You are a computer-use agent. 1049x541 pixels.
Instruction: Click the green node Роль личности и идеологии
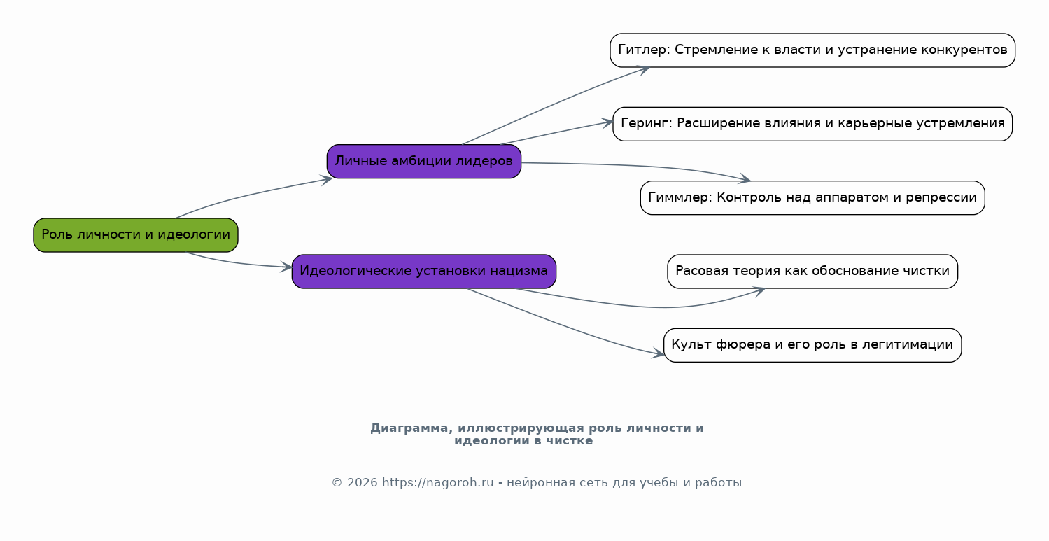(x=135, y=234)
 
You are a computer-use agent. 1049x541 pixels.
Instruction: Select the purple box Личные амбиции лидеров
(x=424, y=161)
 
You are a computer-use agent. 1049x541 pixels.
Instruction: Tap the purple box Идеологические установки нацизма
(x=424, y=272)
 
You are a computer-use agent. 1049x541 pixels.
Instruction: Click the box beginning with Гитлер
(x=812, y=50)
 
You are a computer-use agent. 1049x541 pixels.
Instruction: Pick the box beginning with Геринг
(x=812, y=124)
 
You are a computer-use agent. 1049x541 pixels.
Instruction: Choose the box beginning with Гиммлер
(x=812, y=197)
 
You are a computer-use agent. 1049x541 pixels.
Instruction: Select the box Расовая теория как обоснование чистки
(x=812, y=272)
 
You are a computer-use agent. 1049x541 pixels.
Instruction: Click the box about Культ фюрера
(x=812, y=345)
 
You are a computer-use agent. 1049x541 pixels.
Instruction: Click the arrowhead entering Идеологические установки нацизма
(x=286, y=267)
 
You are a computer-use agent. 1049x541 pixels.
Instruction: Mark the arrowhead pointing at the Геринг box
(x=607, y=122)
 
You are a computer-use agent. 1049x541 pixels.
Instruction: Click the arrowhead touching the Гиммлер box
(x=745, y=178)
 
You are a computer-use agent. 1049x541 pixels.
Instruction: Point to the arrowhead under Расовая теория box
(x=759, y=292)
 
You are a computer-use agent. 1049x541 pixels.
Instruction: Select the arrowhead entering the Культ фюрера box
(x=658, y=354)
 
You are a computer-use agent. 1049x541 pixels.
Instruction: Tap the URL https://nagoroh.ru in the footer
(x=438, y=482)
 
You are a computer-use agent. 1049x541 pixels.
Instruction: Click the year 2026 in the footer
(x=362, y=482)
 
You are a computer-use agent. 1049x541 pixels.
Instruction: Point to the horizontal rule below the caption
(x=537, y=461)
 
